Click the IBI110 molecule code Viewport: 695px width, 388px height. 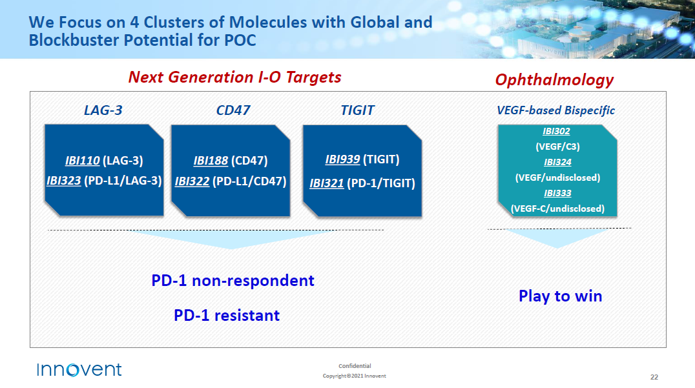[83, 160]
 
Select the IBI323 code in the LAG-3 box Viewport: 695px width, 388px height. [64, 181]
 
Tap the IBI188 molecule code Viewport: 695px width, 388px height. [211, 160]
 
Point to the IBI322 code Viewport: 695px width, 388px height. [192, 181]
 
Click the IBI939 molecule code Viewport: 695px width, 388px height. [342, 159]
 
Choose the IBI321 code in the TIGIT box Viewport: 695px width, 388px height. [327, 183]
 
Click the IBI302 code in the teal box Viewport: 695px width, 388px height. [556, 131]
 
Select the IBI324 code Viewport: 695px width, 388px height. [557, 162]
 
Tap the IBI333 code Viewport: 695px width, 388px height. [557, 193]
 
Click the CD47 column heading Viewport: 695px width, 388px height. [233, 110]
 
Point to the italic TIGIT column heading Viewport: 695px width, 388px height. [358, 110]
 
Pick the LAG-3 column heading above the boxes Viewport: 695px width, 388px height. [103, 110]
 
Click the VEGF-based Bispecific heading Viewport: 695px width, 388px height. [556, 110]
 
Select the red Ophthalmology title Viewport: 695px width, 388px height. [554, 79]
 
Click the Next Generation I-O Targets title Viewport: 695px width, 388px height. [235, 77]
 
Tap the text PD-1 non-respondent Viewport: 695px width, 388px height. [233, 281]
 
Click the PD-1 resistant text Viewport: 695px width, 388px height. [227, 315]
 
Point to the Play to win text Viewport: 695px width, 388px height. [560, 296]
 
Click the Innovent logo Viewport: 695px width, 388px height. [79, 369]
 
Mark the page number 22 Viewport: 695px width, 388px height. [654, 377]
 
